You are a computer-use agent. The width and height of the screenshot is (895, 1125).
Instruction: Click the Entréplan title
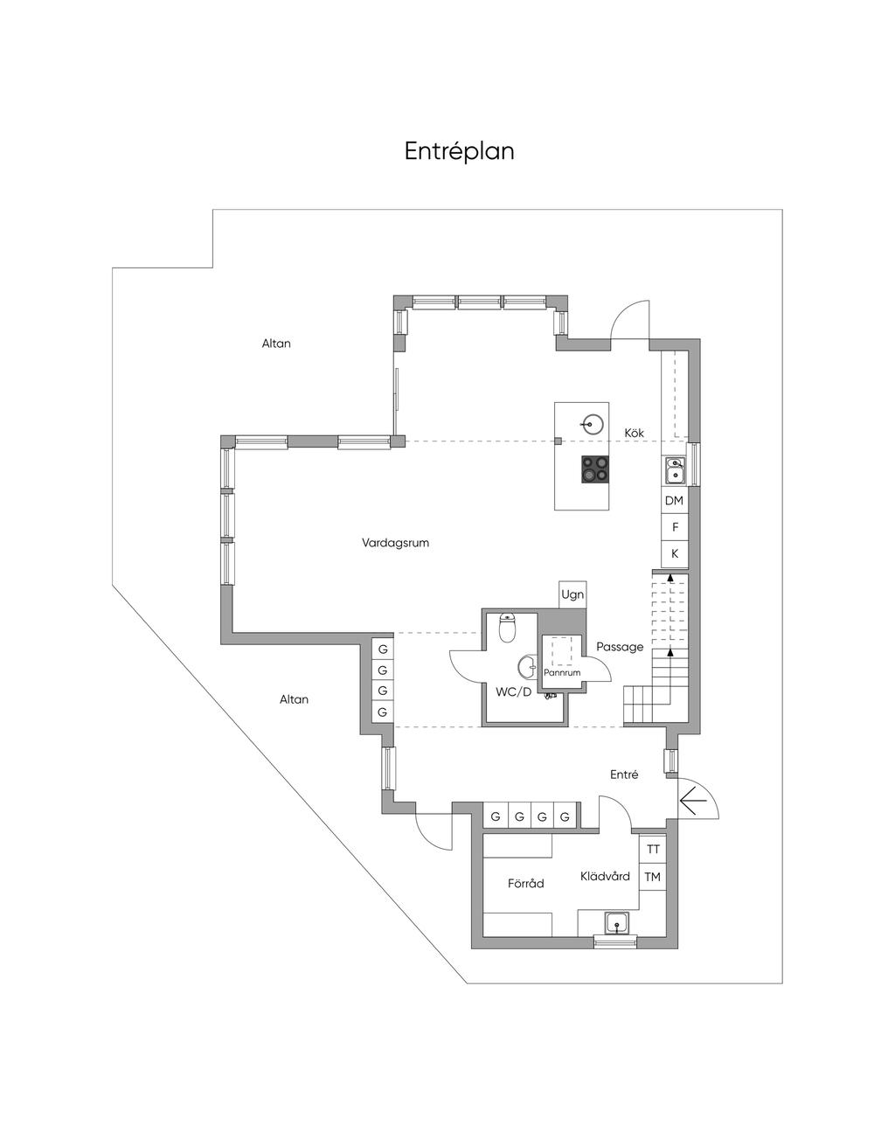(459, 151)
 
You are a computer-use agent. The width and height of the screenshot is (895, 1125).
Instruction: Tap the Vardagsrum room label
(395, 543)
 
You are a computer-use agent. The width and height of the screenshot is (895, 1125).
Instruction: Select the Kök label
(634, 433)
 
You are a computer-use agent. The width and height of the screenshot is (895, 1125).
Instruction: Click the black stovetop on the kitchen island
(595, 469)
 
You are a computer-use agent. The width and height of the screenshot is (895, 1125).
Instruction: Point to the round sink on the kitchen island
(591, 424)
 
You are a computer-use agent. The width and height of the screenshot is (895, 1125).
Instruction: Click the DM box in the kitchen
(674, 501)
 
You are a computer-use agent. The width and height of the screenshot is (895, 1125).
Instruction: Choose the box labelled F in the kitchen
(674, 528)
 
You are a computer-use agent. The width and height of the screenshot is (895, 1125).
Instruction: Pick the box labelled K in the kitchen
(674, 554)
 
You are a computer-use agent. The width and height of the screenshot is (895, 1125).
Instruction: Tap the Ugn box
(572, 594)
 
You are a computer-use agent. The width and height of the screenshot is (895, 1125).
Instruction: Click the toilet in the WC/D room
(508, 627)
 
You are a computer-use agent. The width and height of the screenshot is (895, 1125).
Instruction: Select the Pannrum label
(562, 673)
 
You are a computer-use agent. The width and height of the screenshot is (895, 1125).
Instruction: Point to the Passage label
(620, 647)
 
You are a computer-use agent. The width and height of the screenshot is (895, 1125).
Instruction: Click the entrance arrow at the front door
(693, 801)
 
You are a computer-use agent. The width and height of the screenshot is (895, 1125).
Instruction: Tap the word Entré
(624, 774)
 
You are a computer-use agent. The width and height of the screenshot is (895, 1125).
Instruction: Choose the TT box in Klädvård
(653, 850)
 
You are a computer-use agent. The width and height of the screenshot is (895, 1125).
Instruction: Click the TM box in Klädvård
(653, 877)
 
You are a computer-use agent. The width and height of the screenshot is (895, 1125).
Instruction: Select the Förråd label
(526, 884)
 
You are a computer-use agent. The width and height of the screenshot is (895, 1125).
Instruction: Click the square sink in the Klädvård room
(618, 923)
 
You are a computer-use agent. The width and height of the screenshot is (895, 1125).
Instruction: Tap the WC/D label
(513, 692)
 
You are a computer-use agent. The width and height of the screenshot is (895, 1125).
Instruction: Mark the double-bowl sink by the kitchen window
(675, 470)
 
